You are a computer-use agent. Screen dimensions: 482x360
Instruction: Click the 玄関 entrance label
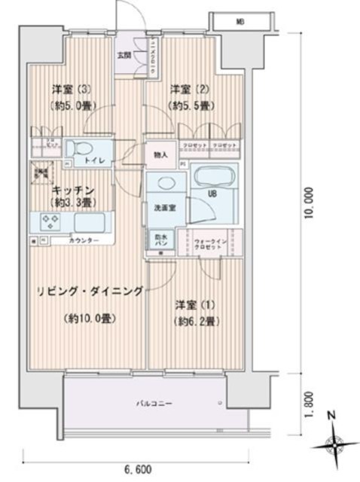click(x=123, y=54)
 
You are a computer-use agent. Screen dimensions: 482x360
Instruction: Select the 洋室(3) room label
click(x=66, y=89)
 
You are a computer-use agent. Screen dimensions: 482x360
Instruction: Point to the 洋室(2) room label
click(x=184, y=89)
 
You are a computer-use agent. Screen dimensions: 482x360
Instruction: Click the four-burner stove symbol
click(x=50, y=222)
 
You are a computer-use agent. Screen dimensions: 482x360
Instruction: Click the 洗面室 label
click(x=165, y=208)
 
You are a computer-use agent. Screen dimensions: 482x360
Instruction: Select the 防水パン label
click(x=161, y=238)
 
